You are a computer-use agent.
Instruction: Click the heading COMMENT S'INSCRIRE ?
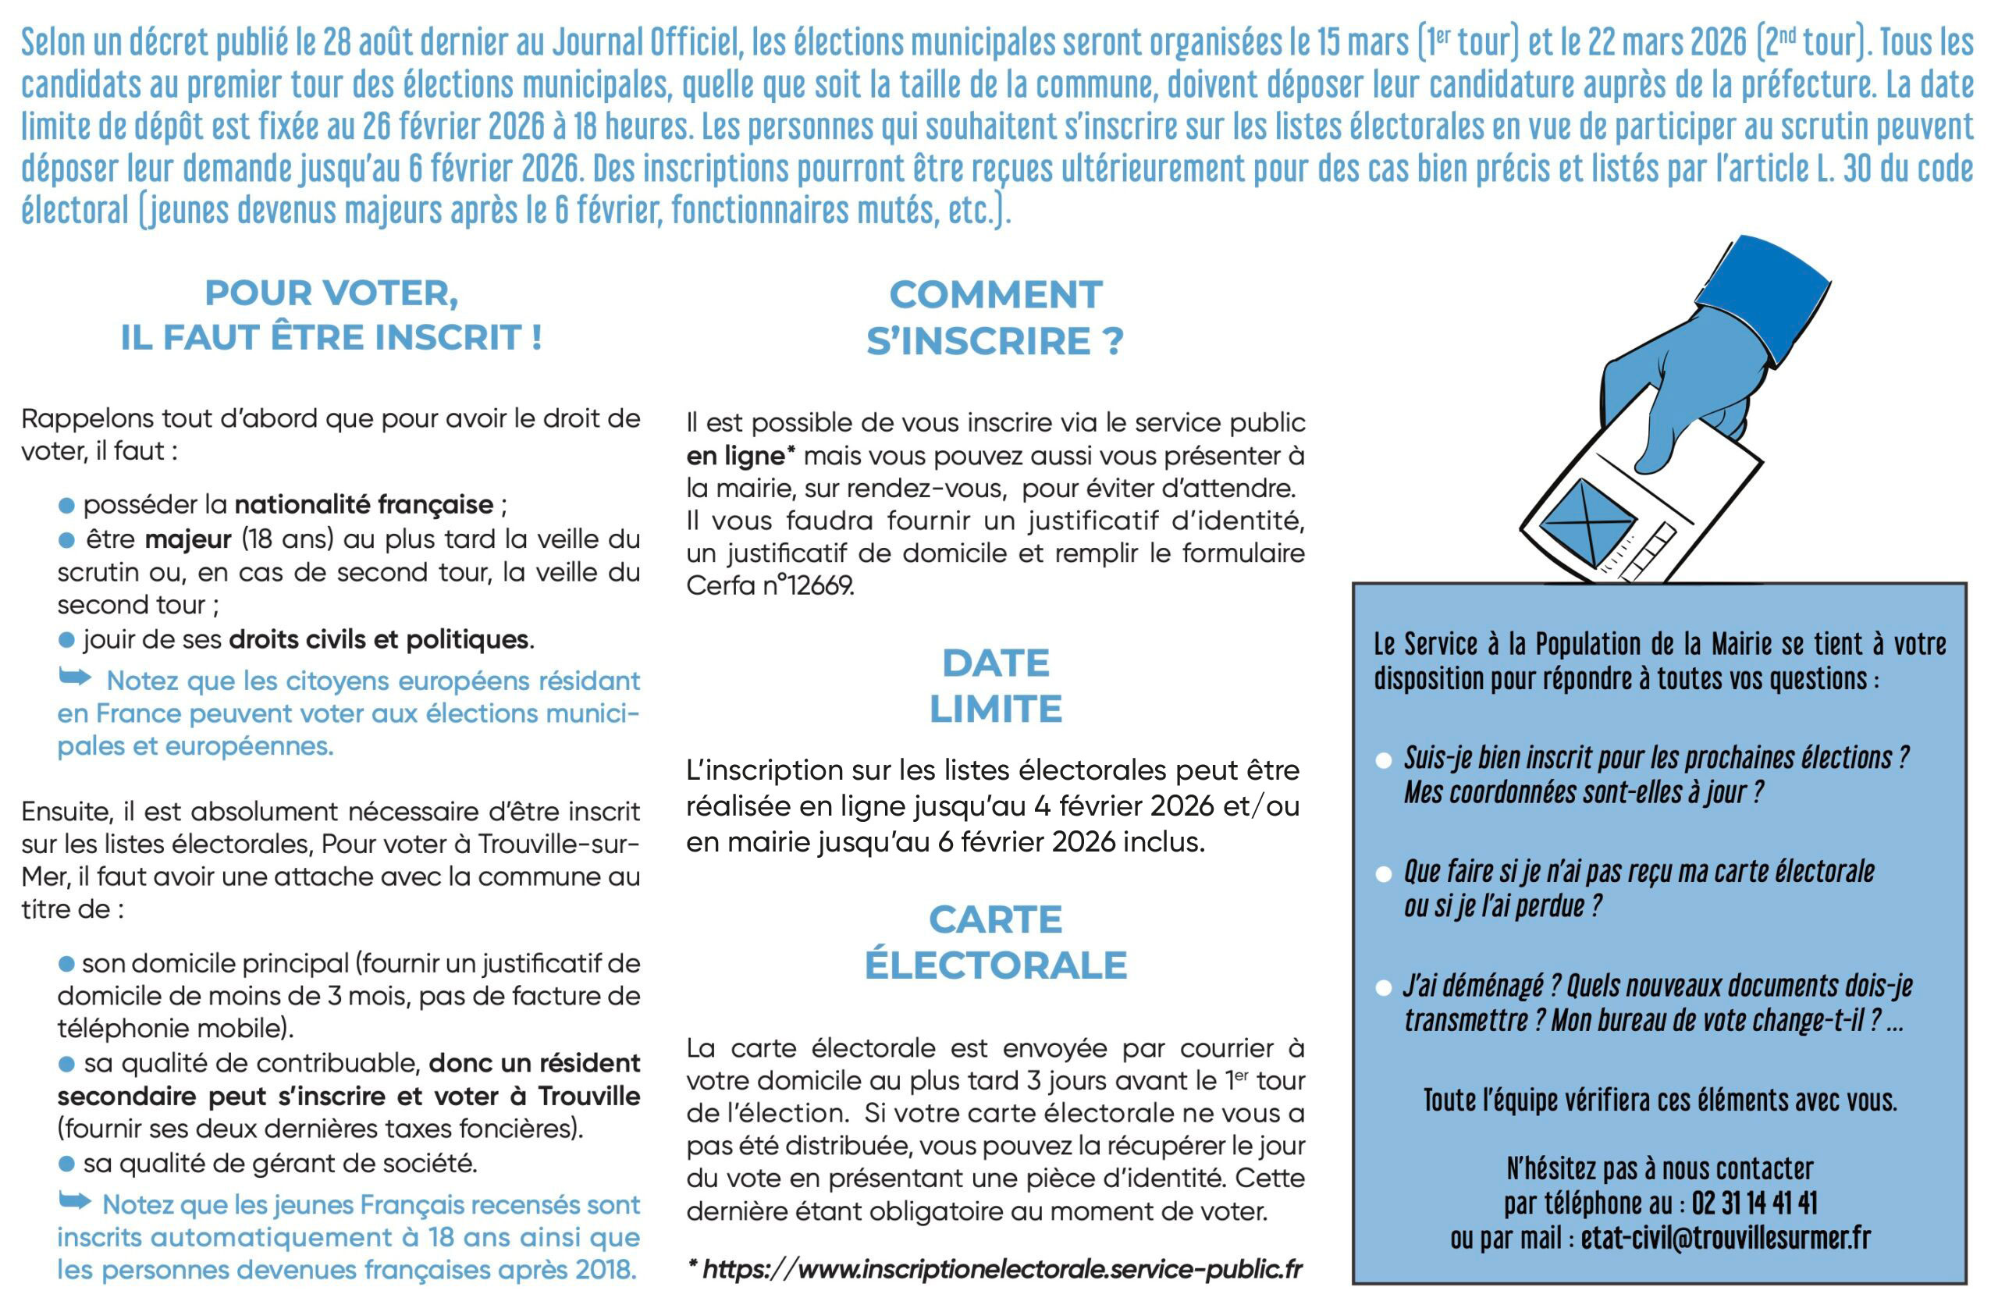[995, 318]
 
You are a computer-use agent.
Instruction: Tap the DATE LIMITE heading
[995, 686]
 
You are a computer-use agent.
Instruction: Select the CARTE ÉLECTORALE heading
[995, 942]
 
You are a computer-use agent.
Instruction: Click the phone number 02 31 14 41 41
[1754, 1204]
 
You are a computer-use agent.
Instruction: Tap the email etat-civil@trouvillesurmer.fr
[1726, 1238]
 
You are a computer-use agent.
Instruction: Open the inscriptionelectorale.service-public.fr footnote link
[1002, 1269]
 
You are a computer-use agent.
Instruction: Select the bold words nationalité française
[364, 505]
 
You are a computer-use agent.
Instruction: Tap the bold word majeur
[188, 539]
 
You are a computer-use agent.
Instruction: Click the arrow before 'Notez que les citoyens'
[75, 677]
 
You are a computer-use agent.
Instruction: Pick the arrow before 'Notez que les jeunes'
[75, 1201]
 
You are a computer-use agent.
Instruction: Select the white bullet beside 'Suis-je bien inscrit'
[1384, 760]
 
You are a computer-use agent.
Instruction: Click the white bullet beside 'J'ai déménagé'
[1384, 989]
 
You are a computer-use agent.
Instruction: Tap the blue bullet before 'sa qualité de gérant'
[67, 1164]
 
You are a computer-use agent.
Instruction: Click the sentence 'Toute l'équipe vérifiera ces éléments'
[1660, 1100]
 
